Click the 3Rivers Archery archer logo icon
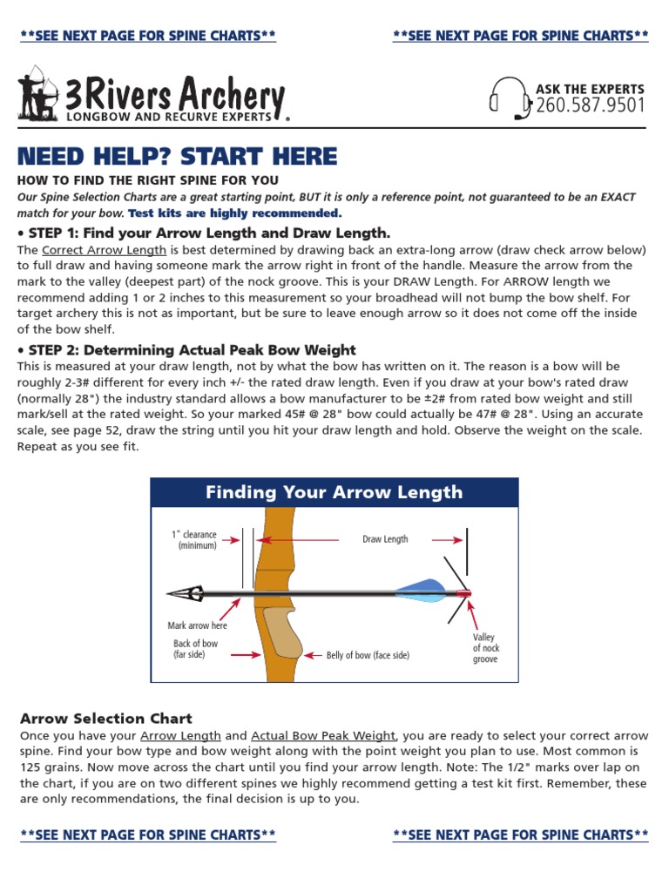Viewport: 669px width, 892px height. coord(37,92)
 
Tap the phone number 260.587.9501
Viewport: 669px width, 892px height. coord(591,106)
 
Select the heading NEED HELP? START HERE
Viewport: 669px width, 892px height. coord(177,157)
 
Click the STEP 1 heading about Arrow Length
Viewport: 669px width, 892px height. coord(204,233)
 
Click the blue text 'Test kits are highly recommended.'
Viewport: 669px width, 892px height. coord(235,213)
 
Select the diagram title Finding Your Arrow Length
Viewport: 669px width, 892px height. coord(334,493)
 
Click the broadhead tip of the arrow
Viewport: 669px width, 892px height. coord(185,593)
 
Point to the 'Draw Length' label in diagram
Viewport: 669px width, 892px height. coord(385,539)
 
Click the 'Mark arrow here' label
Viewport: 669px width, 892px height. coord(197,625)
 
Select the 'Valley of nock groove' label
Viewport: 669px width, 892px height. coord(485,649)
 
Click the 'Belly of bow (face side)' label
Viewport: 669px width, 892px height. coord(368,655)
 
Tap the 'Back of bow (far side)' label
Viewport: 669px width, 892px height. coord(195,649)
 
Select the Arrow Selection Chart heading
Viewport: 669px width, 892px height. coord(105,719)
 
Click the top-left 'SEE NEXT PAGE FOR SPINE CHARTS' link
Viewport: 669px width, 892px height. coord(148,36)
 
